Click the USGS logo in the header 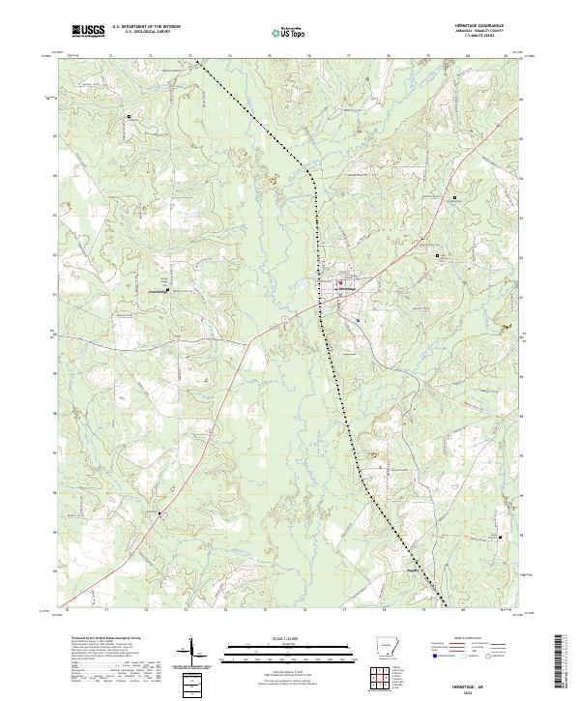pyautogui.click(x=89, y=31)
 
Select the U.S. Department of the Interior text pyautogui.click(x=146, y=27)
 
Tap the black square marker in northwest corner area pyautogui.click(x=128, y=116)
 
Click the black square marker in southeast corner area pyautogui.click(x=500, y=537)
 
